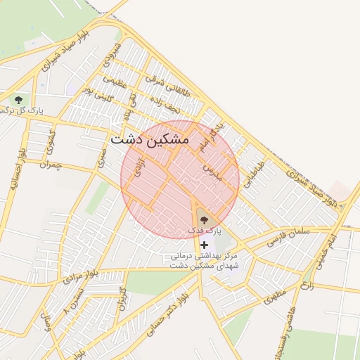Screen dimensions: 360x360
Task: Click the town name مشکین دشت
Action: click(x=150, y=139)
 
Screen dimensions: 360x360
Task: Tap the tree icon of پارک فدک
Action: click(x=204, y=219)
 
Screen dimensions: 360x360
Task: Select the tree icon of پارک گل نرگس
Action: click(x=18, y=99)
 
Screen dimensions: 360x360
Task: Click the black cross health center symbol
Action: click(x=205, y=245)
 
